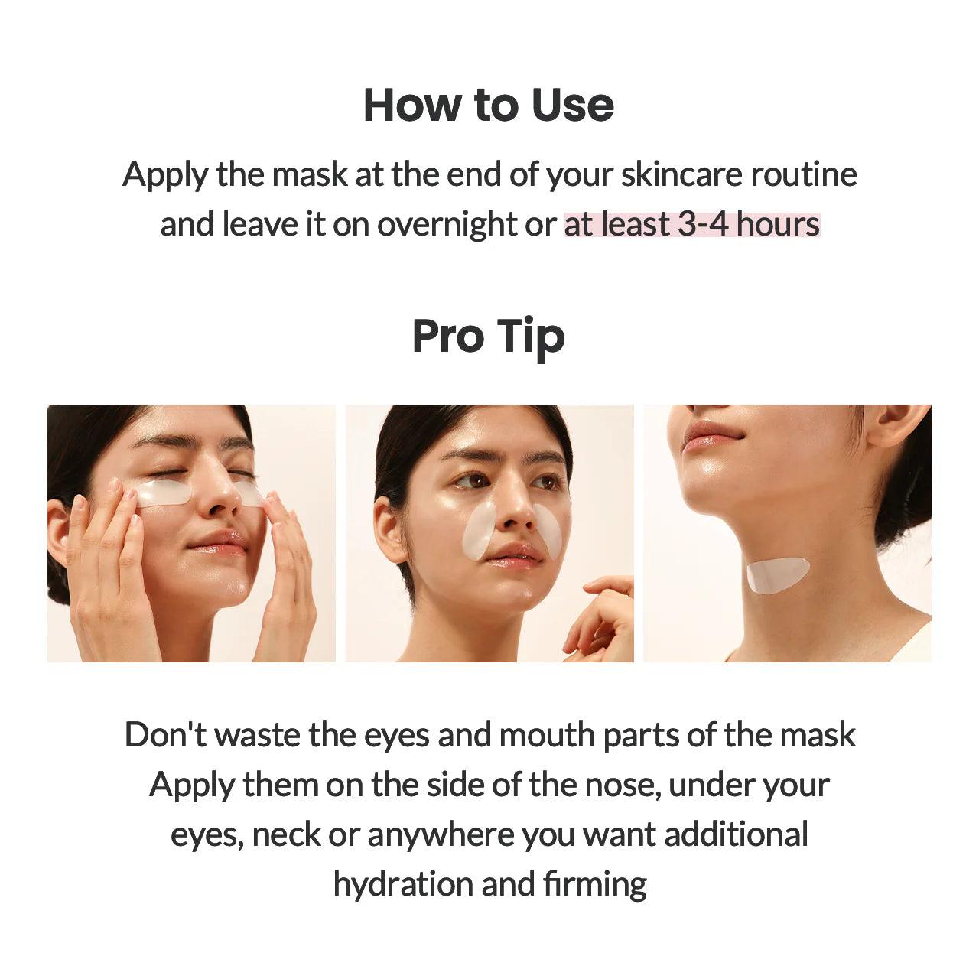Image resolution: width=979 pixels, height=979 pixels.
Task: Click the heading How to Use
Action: coord(488,105)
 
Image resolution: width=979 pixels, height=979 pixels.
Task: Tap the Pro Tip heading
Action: coord(488,337)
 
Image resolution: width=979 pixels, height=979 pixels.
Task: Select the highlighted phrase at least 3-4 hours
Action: coord(691,224)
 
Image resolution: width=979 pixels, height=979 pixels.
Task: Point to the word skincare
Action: coord(681,174)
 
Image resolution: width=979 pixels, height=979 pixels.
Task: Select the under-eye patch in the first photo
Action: coord(163,493)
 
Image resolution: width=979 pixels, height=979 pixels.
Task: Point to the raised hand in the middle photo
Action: coord(600,620)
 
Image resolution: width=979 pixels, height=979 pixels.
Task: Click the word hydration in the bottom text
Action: coord(403,884)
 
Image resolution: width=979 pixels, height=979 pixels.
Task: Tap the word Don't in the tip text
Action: coord(165,735)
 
